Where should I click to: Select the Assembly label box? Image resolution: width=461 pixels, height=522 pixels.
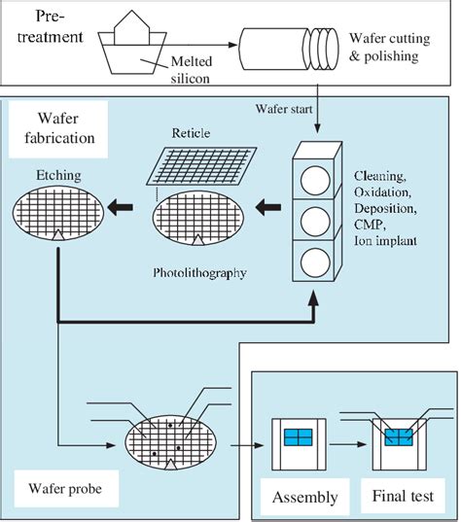[x=304, y=498]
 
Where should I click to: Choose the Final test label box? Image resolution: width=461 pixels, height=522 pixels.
[x=398, y=498]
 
